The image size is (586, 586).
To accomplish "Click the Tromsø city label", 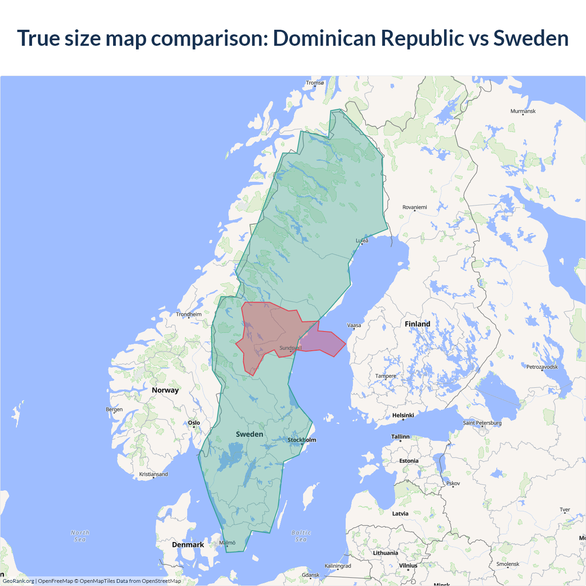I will [315, 83].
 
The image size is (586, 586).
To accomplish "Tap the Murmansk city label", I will [523, 111].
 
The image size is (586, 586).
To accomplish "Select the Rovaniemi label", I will [414, 207].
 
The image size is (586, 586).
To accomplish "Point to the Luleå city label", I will [362, 240].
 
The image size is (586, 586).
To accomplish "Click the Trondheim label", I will [189, 314].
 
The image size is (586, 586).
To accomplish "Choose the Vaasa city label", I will [354, 326].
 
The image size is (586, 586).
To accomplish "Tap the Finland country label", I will [417, 324].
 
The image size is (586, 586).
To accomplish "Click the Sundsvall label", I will [290, 348].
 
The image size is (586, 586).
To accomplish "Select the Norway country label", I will [165, 390].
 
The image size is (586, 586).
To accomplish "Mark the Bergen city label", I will [114, 409].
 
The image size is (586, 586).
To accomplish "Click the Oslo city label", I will [194, 423].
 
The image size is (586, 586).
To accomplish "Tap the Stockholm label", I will [302, 440].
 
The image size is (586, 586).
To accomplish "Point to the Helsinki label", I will [403, 415].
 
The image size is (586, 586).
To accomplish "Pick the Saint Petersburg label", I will [482, 423].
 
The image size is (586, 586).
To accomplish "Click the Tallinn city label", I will [400, 437].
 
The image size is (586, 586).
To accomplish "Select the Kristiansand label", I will [153, 474].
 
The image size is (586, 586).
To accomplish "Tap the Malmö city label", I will [227, 543].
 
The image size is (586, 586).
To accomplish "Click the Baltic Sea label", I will [301, 536].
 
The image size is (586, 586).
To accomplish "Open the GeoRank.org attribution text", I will [18, 581].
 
